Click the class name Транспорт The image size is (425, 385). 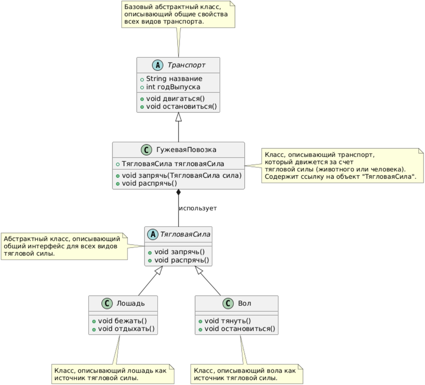[x=187, y=65]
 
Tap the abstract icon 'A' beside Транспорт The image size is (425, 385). [x=158, y=65]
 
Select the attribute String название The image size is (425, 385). [x=174, y=79]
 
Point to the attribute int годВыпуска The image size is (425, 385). [x=173, y=87]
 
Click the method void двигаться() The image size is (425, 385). [x=175, y=98]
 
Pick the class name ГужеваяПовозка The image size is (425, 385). [x=186, y=150]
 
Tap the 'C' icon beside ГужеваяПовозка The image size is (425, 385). [x=147, y=150]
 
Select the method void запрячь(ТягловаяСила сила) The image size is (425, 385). [x=182, y=176]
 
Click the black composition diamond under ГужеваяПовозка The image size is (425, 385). [x=178, y=192]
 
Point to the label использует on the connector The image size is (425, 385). [x=198, y=208]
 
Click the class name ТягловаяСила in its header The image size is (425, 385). [x=185, y=234]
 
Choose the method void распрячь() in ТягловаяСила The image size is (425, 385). [x=182, y=260]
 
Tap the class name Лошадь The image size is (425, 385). [x=131, y=303]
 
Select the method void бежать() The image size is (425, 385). [x=122, y=321]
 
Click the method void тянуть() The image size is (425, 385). [x=227, y=321]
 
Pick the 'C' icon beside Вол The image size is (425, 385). [x=228, y=304]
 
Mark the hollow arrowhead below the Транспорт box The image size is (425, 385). [x=178, y=116]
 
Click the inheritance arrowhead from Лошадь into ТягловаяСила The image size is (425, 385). [x=158, y=270]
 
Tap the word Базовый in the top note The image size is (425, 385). [x=137, y=7]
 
